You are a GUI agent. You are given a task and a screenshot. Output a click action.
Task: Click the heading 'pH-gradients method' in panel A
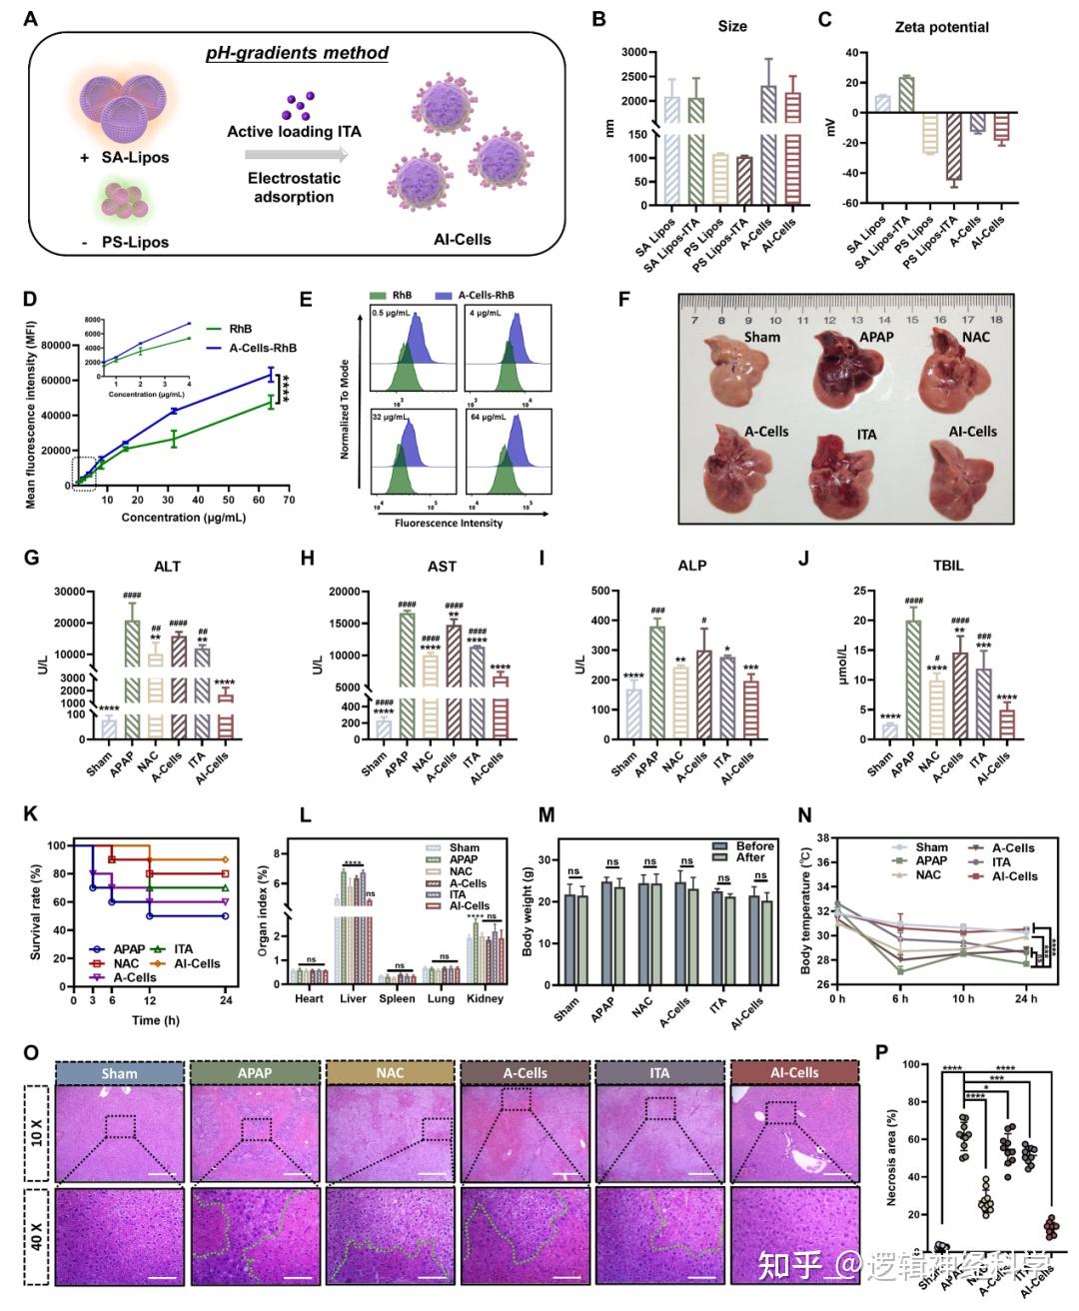click(297, 53)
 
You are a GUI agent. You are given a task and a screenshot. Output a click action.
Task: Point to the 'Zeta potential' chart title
click(941, 27)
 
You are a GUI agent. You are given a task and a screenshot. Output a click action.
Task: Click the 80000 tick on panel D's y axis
click(53, 346)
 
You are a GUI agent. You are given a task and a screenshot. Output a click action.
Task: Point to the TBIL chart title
click(947, 566)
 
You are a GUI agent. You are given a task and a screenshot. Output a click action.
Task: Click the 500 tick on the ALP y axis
click(577, 591)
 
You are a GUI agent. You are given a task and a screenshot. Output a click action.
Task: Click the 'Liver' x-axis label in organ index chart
click(353, 998)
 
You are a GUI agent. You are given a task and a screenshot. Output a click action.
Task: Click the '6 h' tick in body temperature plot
click(900, 998)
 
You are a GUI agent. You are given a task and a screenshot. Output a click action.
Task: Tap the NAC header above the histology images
click(390, 1073)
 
